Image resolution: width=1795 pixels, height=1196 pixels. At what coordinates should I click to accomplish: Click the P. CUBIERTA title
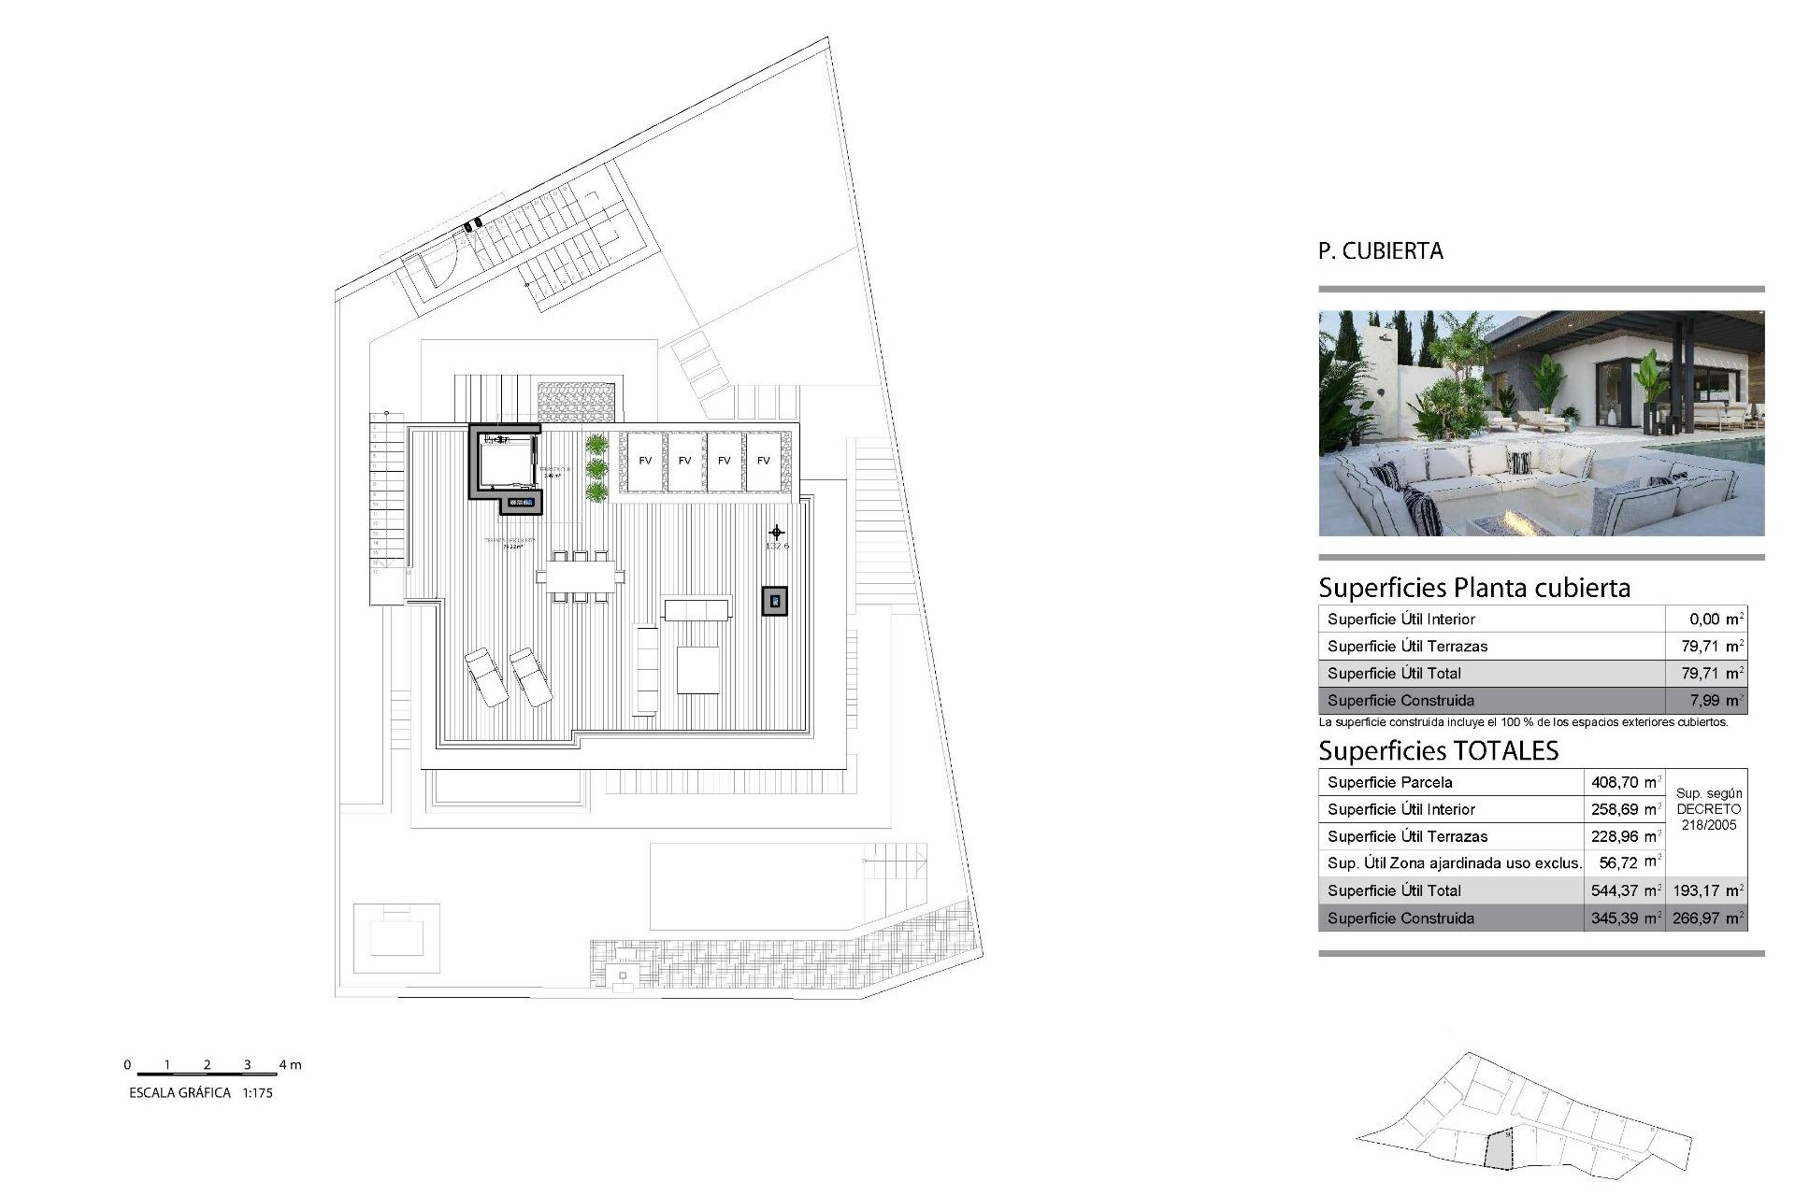(x=1380, y=251)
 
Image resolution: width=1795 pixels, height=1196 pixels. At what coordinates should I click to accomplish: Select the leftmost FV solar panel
(x=645, y=461)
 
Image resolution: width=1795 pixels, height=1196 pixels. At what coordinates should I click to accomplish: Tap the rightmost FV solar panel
(x=764, y=461)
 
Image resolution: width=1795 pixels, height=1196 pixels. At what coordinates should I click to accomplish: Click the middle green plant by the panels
(x=596, y=467)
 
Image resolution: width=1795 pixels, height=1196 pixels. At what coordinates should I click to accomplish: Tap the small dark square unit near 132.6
(x=774, y=601)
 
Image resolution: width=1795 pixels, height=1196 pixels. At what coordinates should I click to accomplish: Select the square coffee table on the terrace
(x=697, y=670)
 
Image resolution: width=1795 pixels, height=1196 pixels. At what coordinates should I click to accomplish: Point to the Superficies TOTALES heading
(x=1438, y=751)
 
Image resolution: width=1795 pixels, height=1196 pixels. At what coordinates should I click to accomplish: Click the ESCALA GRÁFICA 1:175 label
(x=201, y=1092)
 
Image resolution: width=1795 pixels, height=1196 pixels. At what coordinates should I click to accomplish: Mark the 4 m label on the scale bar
(x=290, y=1065)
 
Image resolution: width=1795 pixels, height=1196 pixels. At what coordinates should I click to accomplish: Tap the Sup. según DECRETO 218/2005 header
(x=1708, y=809)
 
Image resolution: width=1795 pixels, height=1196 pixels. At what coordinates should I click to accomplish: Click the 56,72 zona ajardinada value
(x=1626, y=863)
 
